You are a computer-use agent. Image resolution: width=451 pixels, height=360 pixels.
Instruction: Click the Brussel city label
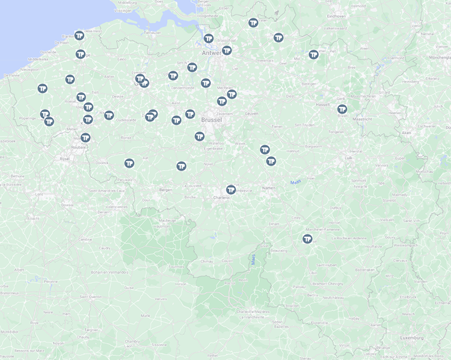click(212, 120)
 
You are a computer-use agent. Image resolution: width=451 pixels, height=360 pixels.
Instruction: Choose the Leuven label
click(251, 113)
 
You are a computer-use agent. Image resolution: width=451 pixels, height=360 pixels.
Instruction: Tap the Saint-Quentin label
click(91, 296)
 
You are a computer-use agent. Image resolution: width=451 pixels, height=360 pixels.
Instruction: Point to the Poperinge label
click(28, 119)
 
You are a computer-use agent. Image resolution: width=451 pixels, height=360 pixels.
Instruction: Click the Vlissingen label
click(123, 10)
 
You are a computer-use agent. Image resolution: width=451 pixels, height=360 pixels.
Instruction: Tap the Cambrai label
click(87, 239)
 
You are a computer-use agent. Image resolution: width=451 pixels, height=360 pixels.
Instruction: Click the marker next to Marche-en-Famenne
click(307, 239)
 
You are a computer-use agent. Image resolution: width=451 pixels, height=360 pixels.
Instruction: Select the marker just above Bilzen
click(342, 109)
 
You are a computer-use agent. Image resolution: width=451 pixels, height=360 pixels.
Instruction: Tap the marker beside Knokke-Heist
click(79, 35)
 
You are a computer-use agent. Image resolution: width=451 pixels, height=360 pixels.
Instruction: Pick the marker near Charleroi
click(230, 189)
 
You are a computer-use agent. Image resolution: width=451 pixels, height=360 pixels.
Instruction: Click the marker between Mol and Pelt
click(313, 55)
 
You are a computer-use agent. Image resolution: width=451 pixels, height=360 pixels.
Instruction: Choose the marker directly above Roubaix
click(85, 138)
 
